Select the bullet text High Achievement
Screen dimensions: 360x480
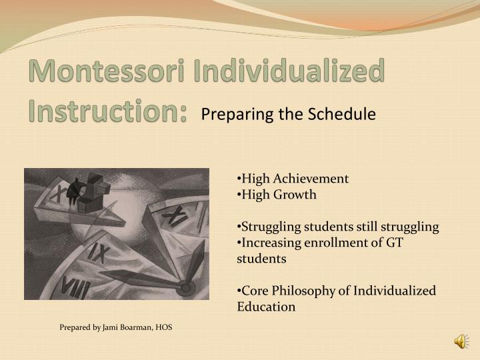tap(293, 179)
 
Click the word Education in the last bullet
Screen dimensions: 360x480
tap(266, 307)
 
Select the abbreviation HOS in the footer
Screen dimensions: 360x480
tap(163, 327)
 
